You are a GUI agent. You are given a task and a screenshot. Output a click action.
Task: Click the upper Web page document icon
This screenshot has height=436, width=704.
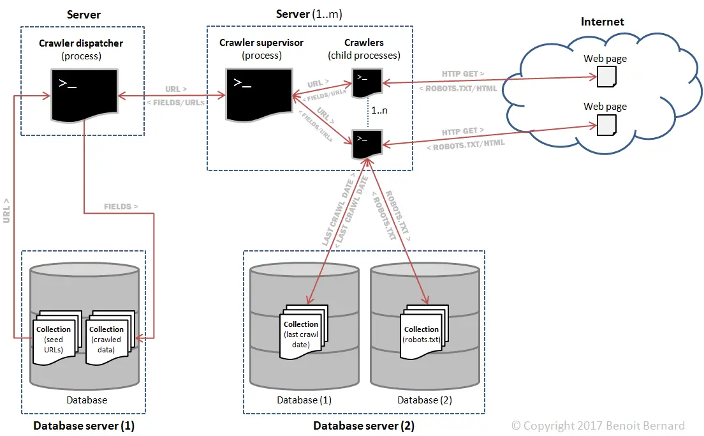coord(606,77)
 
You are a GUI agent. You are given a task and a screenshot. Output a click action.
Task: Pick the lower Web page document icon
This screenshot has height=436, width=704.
coord(606,124)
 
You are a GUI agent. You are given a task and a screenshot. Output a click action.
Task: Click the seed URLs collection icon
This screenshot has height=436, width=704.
coord(56,338)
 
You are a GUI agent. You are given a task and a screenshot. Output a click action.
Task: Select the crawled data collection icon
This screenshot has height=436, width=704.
coord(109,338)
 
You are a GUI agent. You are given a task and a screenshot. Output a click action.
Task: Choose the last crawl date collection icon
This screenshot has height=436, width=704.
coord(303,333)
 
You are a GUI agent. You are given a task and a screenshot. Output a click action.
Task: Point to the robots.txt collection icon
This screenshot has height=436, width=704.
coord(423,333)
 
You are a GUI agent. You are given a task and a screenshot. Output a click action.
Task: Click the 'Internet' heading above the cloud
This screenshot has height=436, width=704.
coord(602,22)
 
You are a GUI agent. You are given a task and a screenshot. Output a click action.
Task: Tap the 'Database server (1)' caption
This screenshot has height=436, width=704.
coord(84,425)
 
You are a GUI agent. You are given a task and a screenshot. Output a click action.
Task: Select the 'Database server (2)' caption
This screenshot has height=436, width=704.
coord(363,425)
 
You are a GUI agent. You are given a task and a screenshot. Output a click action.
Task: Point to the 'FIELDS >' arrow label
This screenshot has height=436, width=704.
coord(121,206)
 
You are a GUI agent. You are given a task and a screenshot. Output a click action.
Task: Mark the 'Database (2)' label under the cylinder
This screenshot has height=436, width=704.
coord(425,400)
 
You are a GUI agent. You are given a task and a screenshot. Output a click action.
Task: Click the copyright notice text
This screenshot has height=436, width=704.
coord(598,425)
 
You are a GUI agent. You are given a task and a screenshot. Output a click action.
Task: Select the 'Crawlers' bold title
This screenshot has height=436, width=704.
coord(364,43)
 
